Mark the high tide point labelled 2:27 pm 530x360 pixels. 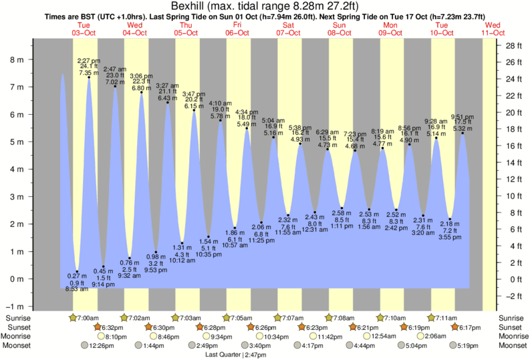point(89,77)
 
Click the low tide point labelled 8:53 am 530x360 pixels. point(77,271)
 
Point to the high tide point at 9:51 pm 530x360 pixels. point(462,133)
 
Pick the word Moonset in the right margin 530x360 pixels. point(511,346)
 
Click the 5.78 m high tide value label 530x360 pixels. point(220,116)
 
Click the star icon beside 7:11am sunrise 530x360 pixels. point(431,318)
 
